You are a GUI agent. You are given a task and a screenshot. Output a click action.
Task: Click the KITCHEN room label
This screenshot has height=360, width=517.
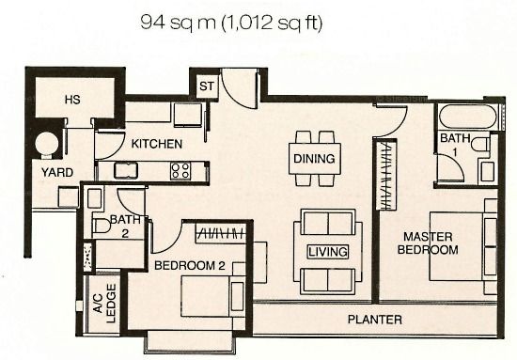pyautogui.click(x=157, y=144)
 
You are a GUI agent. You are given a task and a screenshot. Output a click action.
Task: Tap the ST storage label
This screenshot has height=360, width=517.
pyautogui.click(x=207, y=86)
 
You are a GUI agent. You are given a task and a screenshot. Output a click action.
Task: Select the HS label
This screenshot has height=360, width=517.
pyautogui.click(x=72, y=100)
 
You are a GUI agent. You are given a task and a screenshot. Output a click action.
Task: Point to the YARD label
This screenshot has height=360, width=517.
pyautogui.click(x=57, y=172)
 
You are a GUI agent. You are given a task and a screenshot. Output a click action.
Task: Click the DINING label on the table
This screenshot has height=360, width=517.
pyautogui.click(x=314, y=159)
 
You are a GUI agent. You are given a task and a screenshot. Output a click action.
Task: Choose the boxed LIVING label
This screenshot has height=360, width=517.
pyautogui.click(x=328, y=252)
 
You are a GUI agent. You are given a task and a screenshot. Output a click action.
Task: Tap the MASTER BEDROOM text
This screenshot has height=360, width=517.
pyautogui.click(x=428, y=243)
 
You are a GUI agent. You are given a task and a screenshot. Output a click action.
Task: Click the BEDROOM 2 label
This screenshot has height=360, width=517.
pyautogui.click(x=190, y=265)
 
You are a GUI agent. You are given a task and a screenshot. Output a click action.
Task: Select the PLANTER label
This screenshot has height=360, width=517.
pyautogui.click(x=375, y=320)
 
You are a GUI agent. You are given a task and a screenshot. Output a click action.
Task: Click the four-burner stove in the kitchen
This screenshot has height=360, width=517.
pyautogui.click(x=180, y=171)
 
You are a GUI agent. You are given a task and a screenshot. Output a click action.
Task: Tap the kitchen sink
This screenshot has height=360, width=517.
pyautogui.click(x=126, y=170)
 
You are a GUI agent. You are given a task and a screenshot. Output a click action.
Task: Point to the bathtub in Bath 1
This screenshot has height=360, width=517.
pyautogui.click(x=468, y=117)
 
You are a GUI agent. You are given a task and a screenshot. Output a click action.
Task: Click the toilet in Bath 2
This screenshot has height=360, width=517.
pyautogui.click(x=102, y=227)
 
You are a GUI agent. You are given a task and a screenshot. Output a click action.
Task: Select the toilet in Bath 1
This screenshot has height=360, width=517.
pyautogui.click(x=480, y=145)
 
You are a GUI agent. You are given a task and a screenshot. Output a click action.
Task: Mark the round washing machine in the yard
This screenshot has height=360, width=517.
pyautogui.click(x=47, y=143)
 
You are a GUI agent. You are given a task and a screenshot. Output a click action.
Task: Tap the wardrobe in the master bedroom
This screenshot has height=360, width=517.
pyautogui.click(x=386, y=175)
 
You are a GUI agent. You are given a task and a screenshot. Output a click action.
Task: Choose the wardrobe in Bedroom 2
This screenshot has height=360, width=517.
pyautogui.click(x=221, y=233)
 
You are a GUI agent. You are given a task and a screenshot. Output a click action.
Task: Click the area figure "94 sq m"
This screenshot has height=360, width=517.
pyautogui.click(x=178, y=23)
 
